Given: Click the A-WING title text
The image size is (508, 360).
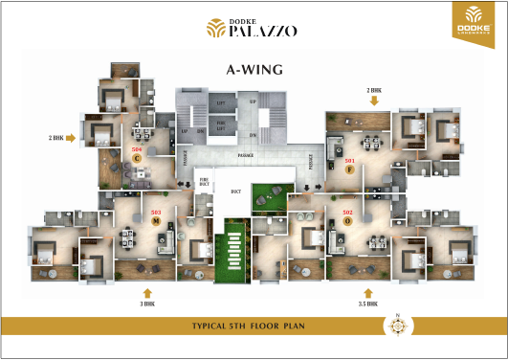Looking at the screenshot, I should coord(254,69).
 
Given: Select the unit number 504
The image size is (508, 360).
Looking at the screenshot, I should coord(137,150).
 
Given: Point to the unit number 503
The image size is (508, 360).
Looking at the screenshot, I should coord(156,212).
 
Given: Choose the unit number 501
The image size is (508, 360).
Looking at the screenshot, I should coord(349,160).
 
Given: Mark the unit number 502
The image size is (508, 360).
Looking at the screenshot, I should coord(347,212).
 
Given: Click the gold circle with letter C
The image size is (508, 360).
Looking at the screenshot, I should coord(137,159).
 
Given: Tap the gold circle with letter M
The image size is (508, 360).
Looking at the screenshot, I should coord(155,220).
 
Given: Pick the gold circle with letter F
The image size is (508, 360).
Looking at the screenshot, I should coord(350,169).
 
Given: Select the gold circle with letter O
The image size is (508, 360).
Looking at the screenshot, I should coord(347,220).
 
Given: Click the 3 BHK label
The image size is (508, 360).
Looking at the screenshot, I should coord(146,304).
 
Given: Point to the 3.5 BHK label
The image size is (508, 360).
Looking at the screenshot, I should coord(367,304).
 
